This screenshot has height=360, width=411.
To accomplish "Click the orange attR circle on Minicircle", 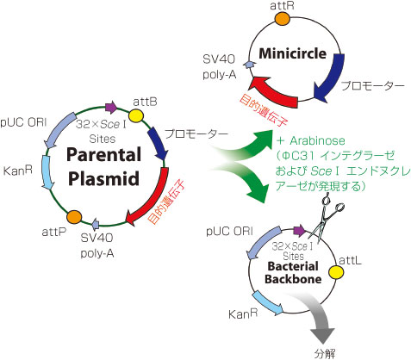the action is click(282, 18).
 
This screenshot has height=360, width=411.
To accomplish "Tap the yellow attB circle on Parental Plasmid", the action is click(135, 115).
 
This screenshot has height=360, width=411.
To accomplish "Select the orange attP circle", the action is click(74, 217).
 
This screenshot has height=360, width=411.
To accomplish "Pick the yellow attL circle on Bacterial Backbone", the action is click(336, 272).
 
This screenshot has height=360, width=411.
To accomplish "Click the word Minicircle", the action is click(293, 53).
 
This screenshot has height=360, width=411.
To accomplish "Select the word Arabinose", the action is click(317, 140).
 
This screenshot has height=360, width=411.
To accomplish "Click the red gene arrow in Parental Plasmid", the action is click(153, 201).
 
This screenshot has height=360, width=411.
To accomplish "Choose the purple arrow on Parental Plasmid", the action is click(111, 107).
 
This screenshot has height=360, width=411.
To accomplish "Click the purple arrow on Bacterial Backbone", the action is click(300, 231).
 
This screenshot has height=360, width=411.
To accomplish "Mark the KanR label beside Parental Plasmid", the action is click(18, 171).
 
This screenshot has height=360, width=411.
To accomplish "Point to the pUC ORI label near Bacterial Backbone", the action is click(229, 232).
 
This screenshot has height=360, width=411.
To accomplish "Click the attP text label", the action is click(54, 232).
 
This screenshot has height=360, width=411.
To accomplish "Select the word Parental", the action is click(103, 154).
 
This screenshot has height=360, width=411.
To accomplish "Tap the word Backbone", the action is click(293, 279).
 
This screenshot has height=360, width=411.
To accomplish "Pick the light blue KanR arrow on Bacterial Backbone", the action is click(267, 303).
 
